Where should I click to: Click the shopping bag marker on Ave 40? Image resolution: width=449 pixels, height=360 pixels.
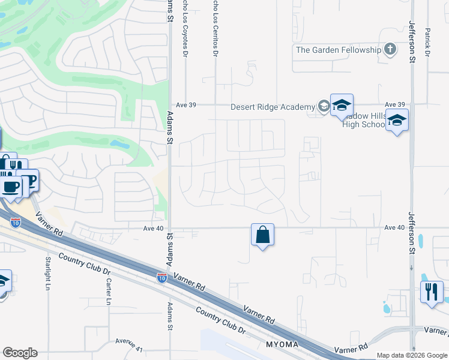coord(262,235)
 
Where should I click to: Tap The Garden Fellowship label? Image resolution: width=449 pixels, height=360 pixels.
coord(339,50)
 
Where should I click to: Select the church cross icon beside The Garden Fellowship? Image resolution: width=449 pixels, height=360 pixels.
coord(390,49)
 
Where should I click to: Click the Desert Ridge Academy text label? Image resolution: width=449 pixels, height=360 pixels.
coord(273,107)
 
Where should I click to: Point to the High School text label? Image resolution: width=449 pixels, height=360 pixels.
coord(363,125)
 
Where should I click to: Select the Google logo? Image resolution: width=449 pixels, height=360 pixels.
coord(20,353)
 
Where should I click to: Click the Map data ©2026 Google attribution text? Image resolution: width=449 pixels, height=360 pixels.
coord(411,355)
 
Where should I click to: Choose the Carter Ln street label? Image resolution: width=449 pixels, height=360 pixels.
coord(109,292)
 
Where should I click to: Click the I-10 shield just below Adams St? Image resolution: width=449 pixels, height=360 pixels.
coord(162,277)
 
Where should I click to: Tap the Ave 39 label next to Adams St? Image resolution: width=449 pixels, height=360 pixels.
coord(185,104)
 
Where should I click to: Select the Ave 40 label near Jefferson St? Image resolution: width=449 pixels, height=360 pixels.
coord(394,227)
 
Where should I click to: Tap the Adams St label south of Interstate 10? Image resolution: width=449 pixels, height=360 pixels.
coord(169,317)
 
